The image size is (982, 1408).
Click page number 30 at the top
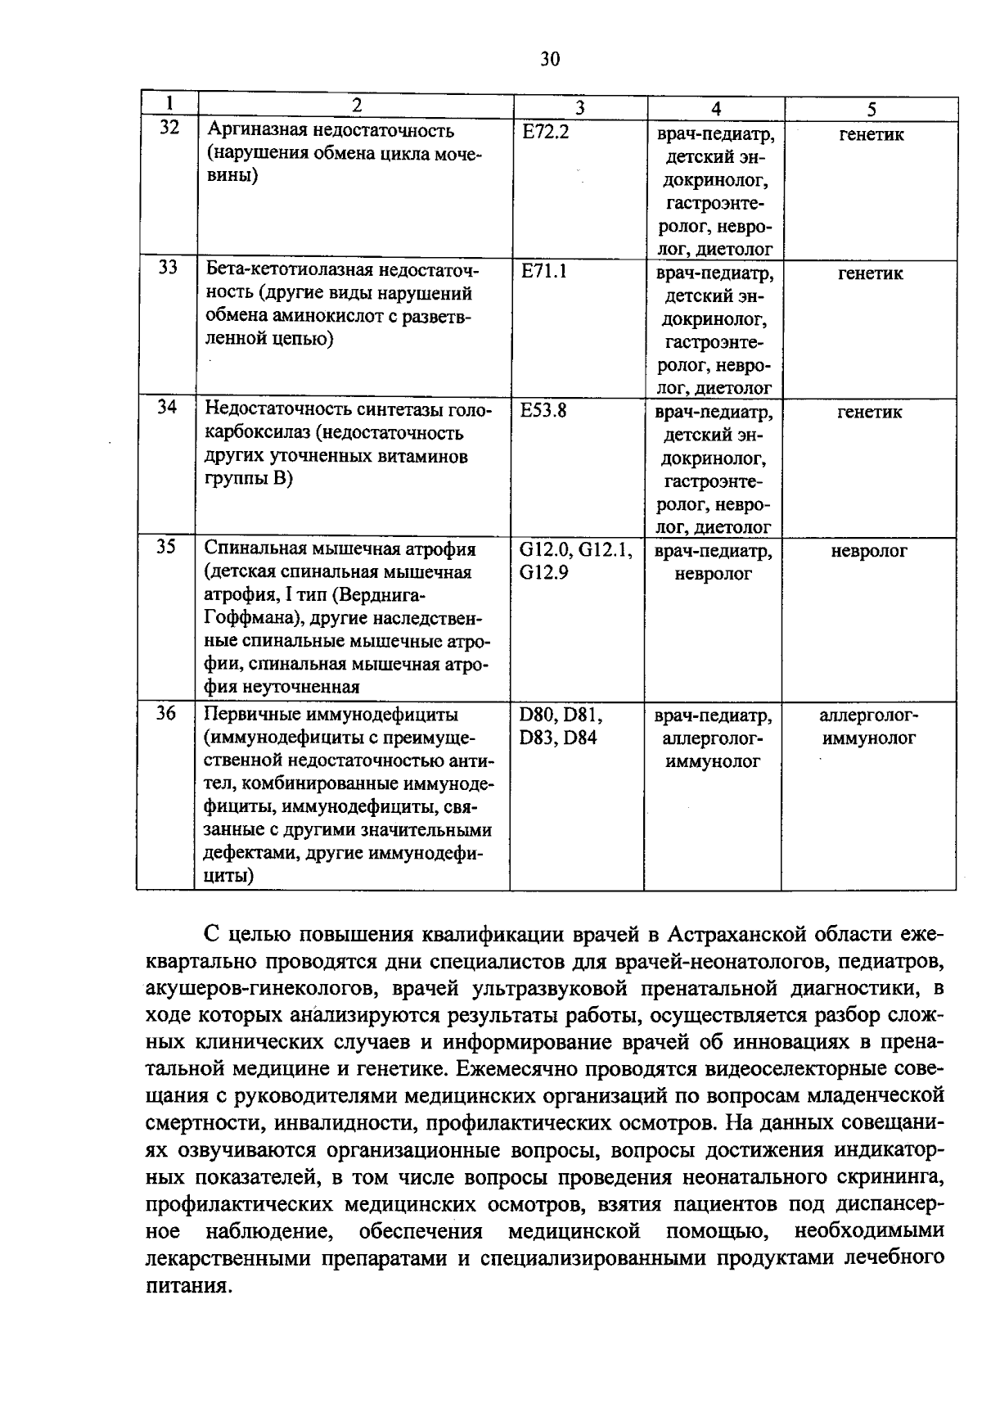coord(550,59)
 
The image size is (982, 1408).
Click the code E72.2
coord(545,131)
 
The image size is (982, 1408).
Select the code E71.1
coord(544,270)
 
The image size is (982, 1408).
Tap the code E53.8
coord(543,409)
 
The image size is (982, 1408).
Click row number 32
coord(169,129)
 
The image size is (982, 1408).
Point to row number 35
coord(166,547)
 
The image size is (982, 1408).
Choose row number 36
coord(166,714)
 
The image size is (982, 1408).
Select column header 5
coord(872,109)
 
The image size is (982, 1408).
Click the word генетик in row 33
coord(871,273)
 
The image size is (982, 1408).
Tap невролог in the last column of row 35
coord(869,551)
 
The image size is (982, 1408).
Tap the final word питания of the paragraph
coord(186,1285)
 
